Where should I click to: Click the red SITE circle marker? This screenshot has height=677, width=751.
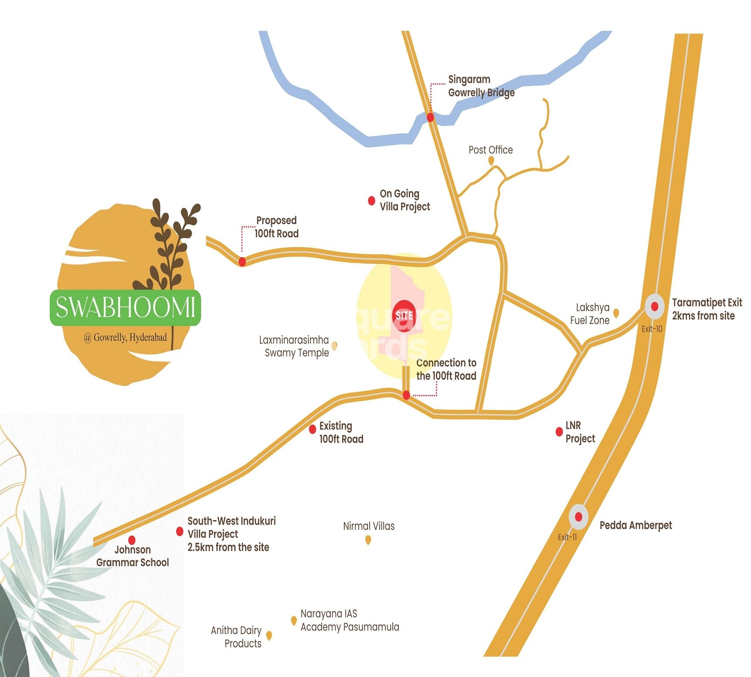(x=404, y=316)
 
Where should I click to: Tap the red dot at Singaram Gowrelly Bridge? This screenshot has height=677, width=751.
(x=430, y=117)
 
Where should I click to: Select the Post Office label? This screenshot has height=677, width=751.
(x=490, y=150)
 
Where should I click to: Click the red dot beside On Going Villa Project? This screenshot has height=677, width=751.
(x=371, y=201)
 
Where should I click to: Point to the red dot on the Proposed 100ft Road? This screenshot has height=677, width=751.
(x=242, y=262)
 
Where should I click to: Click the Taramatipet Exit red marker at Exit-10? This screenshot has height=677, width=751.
(x=655, y=306)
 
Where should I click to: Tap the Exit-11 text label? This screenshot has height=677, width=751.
(x=567, y=537)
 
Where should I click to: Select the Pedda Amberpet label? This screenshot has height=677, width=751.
(x=635, y=525)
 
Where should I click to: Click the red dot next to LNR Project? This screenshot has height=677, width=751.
(x=559, y=432)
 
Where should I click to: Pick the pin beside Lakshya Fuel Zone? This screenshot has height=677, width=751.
(x=616, y=313)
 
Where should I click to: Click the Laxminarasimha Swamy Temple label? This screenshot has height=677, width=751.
(x=294, y=346)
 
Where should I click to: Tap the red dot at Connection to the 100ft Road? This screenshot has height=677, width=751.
(x=406, y=395)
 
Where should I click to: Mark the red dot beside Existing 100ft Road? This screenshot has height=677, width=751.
(x=312, y=429)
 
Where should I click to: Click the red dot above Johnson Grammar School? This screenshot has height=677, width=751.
(x=132, y=541)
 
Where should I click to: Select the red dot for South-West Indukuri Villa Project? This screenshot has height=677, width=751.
(x=179, y=531)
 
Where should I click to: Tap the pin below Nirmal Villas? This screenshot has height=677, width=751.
(x=368, y=540)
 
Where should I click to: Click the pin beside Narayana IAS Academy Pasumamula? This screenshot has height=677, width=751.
(x=294, y=620)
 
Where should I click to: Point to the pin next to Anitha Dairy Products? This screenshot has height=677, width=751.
(x=269, y=636)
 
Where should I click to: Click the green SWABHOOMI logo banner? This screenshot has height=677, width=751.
(x=125, y=307)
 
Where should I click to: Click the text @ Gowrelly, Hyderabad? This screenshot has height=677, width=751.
(x=125, y=337)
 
